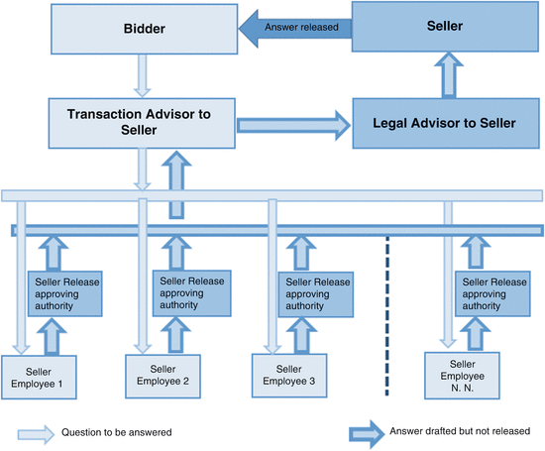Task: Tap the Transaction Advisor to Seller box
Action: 139,123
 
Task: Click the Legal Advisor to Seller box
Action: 445,123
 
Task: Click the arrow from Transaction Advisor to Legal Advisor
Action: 294,124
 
